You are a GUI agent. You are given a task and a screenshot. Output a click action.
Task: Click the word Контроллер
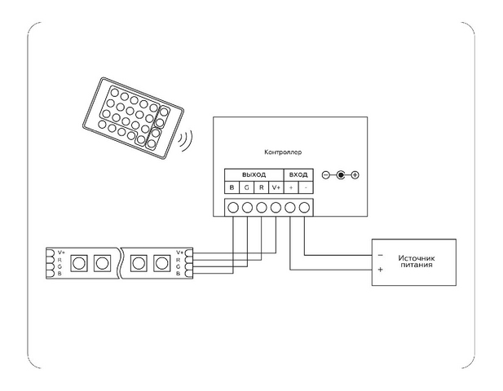point(283,152)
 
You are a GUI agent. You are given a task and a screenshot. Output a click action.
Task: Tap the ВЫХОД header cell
point(254,175)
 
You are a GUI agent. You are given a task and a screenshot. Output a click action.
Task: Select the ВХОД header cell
point(298,175)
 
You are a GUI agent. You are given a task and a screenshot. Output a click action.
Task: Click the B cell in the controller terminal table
point(232,187)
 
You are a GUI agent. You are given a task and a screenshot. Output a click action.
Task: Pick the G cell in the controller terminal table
point(247,187)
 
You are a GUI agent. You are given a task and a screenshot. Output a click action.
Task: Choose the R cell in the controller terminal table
point(262,187)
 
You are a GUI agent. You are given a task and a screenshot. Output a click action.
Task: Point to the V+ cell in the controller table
point(276,187)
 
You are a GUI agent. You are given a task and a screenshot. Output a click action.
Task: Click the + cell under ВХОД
point(291,187)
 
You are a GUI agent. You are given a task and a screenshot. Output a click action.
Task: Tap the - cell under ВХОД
point(306,187)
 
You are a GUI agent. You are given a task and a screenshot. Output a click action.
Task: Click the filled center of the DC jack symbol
point(340,175)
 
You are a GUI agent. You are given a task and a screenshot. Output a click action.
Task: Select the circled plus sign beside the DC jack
point(355,175)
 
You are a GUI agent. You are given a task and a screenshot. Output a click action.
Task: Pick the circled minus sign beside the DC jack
point(325,175)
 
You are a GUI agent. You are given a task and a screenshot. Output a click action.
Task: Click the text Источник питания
point(417,261)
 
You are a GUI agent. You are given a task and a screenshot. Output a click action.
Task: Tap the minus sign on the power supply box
point(381,255)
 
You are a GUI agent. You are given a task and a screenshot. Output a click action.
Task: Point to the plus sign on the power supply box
point(381,270)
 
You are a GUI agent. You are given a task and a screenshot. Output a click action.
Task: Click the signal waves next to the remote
point(185,140)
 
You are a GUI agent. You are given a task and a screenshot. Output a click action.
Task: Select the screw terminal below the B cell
point(233,208)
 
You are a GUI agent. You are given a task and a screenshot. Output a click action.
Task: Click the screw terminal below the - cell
point(304,208)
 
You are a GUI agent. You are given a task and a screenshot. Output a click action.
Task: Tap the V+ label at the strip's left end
point(60,253)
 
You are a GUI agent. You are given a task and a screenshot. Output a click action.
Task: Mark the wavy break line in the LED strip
point(121,263)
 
